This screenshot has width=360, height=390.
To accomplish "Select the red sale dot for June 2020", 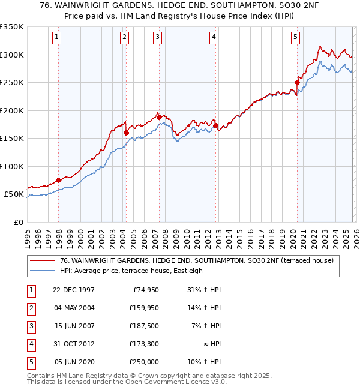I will tap(297, 83).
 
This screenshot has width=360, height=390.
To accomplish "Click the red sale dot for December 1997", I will tap(58, 180).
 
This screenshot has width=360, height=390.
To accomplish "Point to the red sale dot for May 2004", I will tap(126, 133).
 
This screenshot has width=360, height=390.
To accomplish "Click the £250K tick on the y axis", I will tap(11, 83).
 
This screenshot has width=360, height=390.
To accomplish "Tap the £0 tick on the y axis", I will tap(18, 223).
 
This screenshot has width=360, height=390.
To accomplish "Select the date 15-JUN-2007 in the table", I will tap(73, 327).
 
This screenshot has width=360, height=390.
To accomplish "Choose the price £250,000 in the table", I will tap(145, 362).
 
